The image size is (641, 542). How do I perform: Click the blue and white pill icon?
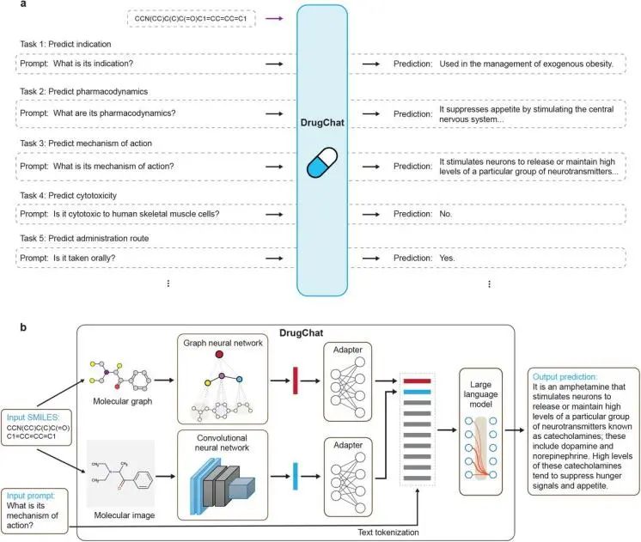(x=322, y=162)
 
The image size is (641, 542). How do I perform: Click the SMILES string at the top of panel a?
(x=191, y=18)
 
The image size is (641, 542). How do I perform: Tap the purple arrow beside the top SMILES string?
(x=274, y=18)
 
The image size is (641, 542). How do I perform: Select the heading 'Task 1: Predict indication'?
(x=65, y=44)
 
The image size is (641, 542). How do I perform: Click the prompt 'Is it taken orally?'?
(x=84, y=258)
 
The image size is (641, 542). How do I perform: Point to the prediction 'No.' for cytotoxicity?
(x=446, y=214)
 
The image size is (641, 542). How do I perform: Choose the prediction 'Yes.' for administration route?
(x=447, y=258)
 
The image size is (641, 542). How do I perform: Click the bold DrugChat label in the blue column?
(x=322, y=123)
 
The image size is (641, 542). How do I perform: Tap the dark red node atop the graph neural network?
(x=219, y=355)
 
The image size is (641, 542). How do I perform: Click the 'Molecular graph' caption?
(x=123, y=401)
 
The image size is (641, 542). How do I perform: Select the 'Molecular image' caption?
(x=125, y=515)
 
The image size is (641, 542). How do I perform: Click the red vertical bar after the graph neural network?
(x=296, y=381)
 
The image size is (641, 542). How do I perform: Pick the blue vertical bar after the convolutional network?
(x=296, y=476)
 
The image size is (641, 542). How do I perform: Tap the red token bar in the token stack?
(x=417, y=381)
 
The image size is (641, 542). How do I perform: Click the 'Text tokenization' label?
(x=388, y=533)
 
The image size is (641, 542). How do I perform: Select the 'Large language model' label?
(x=480, y=394)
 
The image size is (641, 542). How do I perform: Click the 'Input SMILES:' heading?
(x=33, y=417)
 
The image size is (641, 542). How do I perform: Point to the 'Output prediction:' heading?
(x=565, y=377)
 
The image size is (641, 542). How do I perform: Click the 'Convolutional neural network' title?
(x=222, y=442)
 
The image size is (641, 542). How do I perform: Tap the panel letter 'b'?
(x=23, y=327)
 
